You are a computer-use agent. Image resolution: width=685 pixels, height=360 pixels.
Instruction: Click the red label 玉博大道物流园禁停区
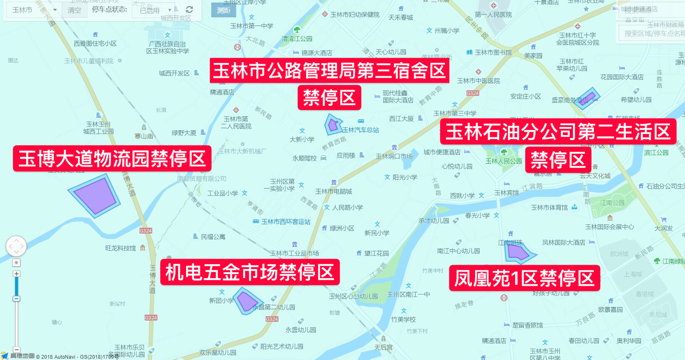(112, 159)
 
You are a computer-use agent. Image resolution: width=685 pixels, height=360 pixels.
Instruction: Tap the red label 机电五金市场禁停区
(250, 272)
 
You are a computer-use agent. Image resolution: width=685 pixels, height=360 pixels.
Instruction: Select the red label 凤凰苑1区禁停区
(524, 278)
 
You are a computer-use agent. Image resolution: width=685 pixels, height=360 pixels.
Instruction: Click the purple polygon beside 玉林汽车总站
(333, 125)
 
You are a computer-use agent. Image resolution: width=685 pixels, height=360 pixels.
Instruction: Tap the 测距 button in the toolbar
(223, 11)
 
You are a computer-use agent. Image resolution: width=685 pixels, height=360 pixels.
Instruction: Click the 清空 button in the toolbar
(74, 10)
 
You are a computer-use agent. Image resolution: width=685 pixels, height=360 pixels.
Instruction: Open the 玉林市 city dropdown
(34, 10)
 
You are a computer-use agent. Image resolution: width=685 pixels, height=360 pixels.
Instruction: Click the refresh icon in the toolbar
(189, 10)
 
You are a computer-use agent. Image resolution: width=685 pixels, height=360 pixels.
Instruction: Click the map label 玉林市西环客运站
(286, 222)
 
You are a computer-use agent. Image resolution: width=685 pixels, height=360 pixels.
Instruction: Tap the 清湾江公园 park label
(297, 39)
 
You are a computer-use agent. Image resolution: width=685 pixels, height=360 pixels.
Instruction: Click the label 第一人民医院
(493, 15)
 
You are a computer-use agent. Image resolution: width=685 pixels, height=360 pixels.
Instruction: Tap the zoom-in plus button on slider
(16, 274)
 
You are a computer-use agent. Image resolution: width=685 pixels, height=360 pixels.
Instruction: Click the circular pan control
(16, 246)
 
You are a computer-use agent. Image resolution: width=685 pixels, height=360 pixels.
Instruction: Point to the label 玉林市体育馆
(549, 208)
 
